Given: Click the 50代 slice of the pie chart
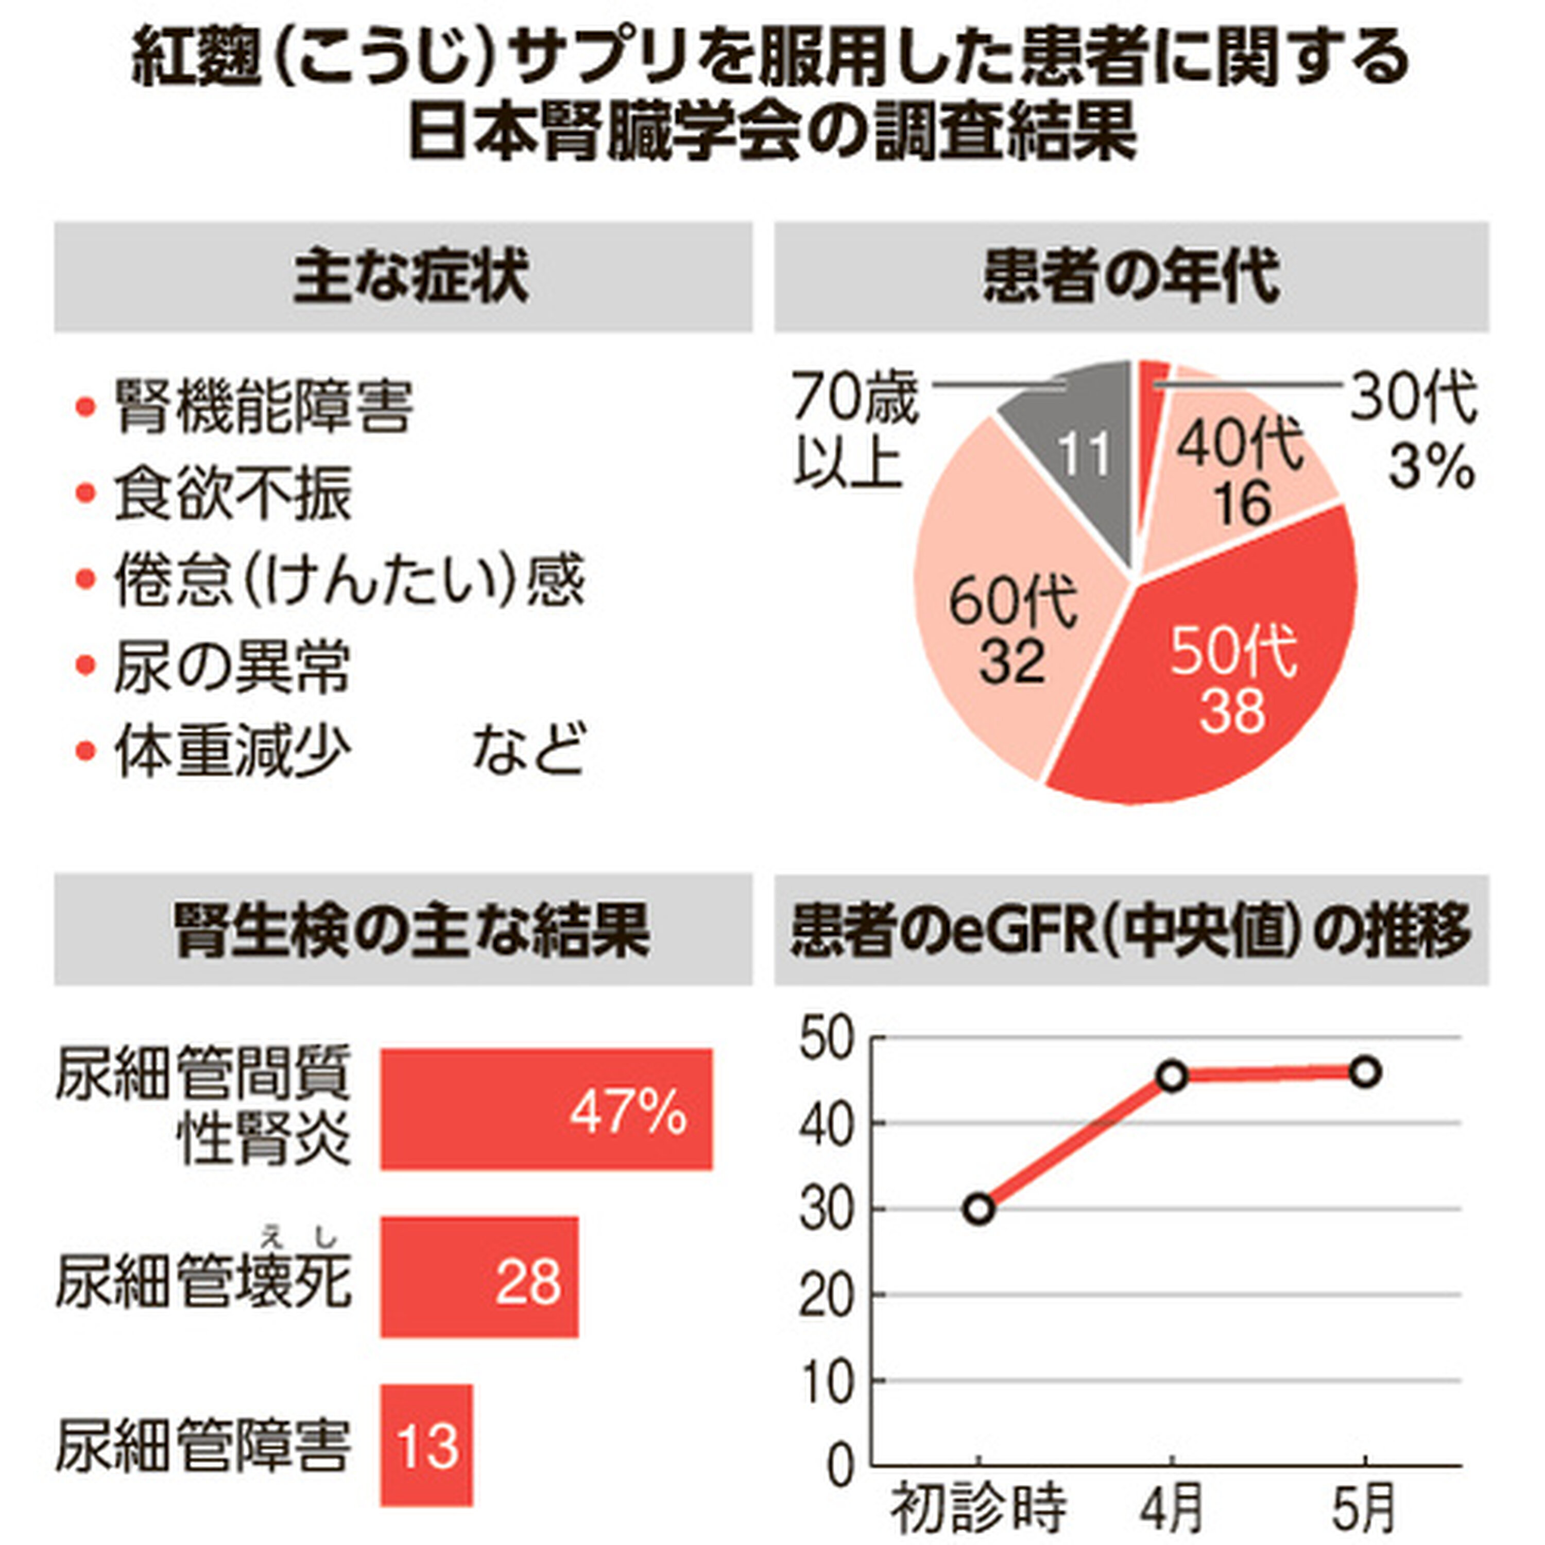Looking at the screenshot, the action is coord(1231,664).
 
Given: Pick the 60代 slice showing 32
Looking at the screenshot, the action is coord(1008,608).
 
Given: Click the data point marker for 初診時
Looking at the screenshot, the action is coord(980,1209).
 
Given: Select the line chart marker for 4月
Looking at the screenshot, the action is coord(1172,1076).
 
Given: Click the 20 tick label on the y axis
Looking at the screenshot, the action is coord(828,1295).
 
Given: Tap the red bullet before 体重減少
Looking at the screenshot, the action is coord(85,752).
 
